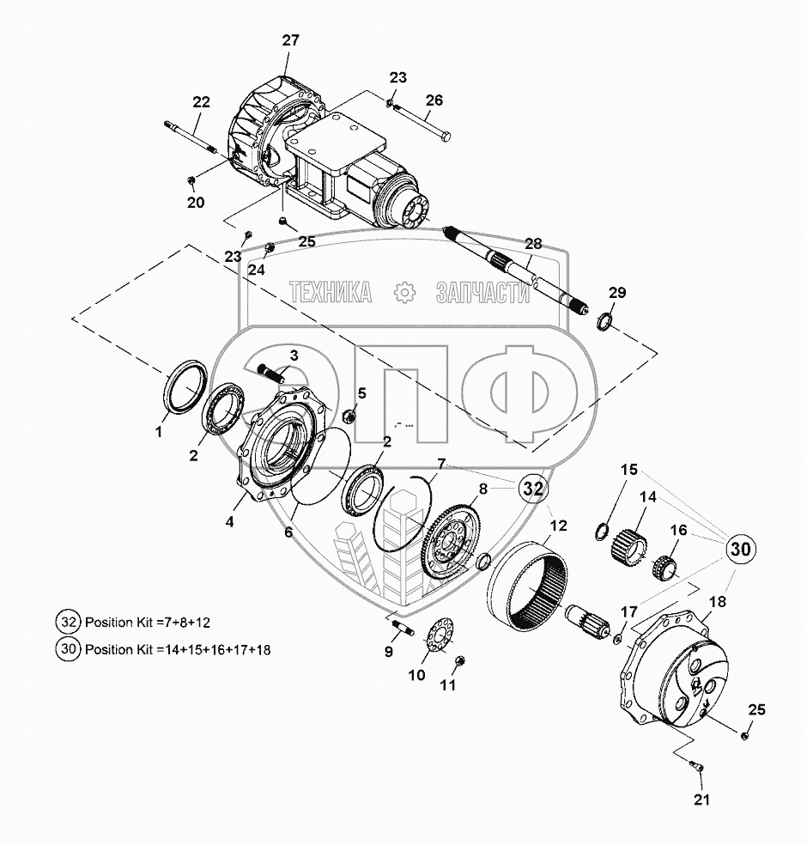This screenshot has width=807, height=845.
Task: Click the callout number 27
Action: click(x=290, y=40)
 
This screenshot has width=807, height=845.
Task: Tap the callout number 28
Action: click(x=533, y=243)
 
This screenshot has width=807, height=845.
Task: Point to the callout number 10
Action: click(x=416, y=675)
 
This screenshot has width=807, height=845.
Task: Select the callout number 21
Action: click(x=703, y=800)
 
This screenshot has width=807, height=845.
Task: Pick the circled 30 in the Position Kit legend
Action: click(x=68, y=649)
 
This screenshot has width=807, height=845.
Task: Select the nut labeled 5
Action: click(x=349, y=417)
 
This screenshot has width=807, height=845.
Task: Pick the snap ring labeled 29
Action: click(x=604, y=322)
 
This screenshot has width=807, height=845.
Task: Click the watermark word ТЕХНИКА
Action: click(x=331, y=293)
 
